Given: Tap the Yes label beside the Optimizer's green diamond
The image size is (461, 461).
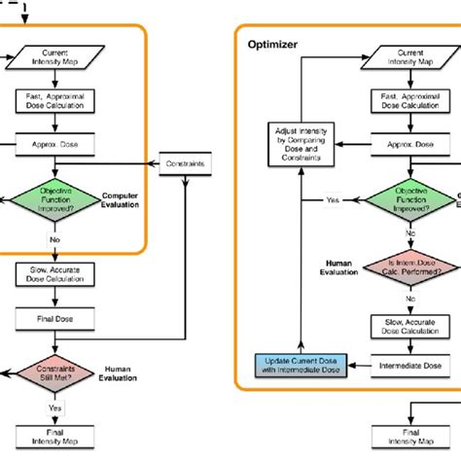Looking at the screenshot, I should (x=333, y=199).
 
